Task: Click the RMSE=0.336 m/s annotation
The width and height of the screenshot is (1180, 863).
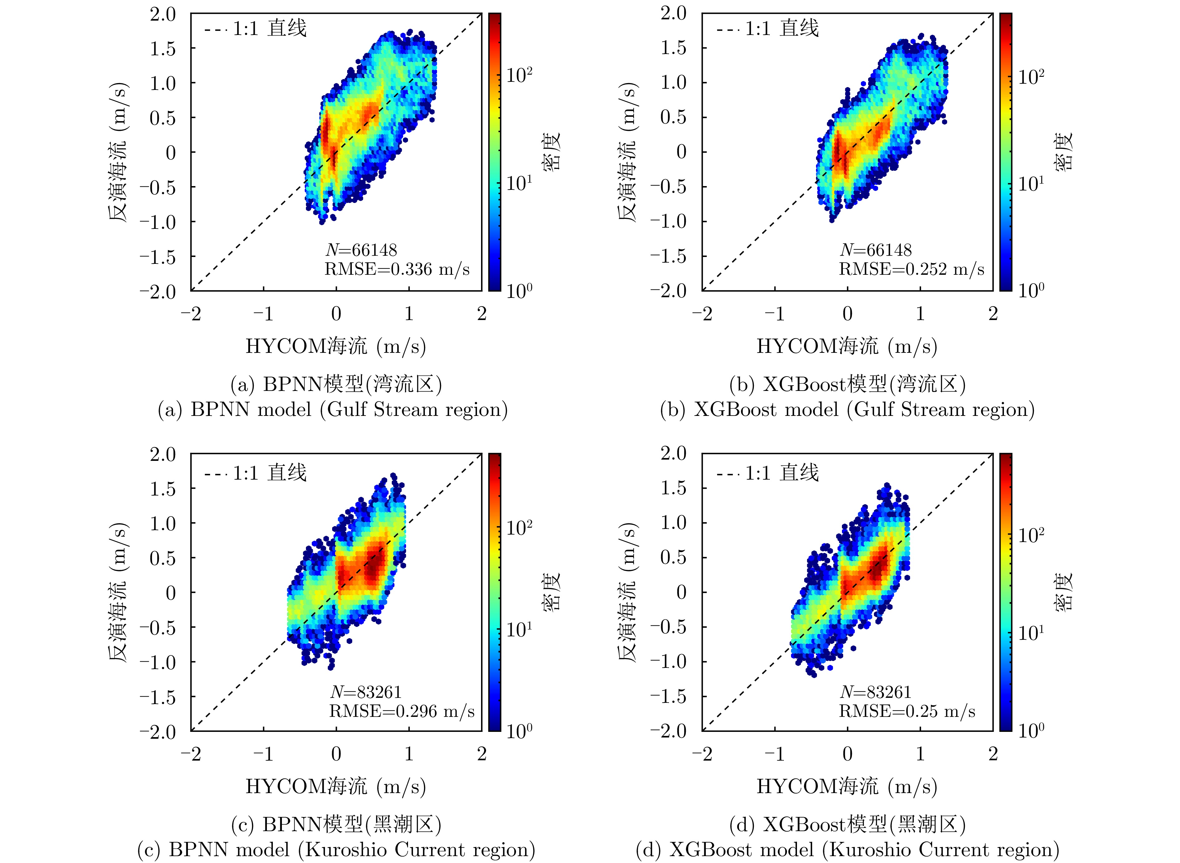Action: [397, 269]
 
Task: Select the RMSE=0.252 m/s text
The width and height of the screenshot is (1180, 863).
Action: [912, 269]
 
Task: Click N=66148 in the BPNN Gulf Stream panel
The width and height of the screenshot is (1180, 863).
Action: [361, 250]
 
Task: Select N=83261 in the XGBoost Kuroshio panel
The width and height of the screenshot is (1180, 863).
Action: [875, 692]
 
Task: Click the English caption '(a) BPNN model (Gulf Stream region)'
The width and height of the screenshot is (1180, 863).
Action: [333, 410]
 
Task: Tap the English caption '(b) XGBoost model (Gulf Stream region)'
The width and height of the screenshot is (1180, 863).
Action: [847, 410]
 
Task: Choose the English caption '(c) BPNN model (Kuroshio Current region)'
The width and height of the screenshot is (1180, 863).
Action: [336, 850]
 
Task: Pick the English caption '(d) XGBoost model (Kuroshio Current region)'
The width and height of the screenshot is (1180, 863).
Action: [847, 850]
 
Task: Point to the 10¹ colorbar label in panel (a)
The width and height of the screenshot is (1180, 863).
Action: [519, 183]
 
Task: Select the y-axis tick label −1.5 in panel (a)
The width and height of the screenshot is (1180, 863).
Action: [158, 257]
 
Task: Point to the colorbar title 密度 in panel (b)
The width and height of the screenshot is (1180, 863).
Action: [1063, 151]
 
